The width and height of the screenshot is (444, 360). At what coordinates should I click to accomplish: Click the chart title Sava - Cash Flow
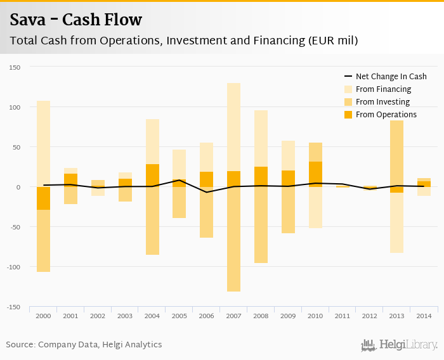76,20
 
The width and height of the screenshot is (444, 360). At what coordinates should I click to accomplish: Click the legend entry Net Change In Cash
391,76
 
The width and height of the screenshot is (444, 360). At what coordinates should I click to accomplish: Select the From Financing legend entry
383,89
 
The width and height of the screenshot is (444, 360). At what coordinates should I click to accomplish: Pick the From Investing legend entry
382,102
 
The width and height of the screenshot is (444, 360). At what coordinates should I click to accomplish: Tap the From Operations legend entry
386,115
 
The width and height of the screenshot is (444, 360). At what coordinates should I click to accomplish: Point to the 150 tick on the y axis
15,67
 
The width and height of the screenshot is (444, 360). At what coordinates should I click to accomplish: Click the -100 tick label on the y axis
13,267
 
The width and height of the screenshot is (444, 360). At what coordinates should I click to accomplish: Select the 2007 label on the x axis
233,316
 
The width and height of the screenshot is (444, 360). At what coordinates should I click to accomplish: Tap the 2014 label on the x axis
424,316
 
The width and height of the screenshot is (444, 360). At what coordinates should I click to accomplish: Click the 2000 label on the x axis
43,316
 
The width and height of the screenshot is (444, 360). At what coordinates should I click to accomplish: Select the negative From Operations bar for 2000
43,198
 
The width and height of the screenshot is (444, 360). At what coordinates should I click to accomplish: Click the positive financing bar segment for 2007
233,127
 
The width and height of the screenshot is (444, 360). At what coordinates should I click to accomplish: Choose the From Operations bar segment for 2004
152,176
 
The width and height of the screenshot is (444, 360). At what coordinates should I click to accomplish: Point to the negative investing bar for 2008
261,225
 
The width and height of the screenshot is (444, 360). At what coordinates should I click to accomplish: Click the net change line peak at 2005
180,180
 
